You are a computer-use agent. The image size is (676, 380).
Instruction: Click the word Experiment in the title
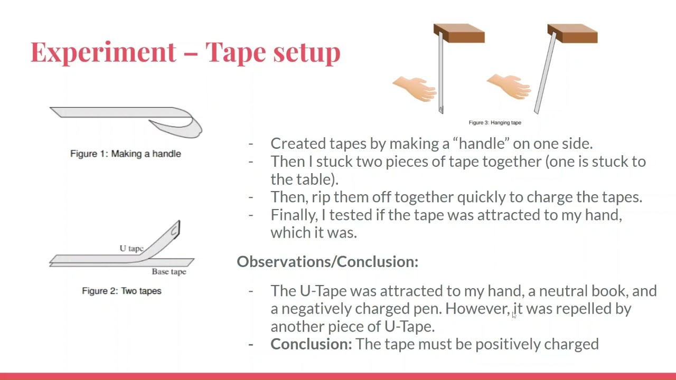(x=103, y=52)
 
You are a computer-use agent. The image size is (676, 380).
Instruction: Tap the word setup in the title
(x=307, y=52)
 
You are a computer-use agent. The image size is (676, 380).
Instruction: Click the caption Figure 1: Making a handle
(x=126, y=154)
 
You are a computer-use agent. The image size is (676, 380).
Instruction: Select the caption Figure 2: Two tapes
(x=121, y=291)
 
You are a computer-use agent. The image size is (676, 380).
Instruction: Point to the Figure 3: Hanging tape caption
(x=495, y=123)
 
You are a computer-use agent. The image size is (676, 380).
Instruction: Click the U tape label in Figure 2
(x=132, y=249)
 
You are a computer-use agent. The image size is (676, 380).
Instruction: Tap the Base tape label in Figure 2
(x=169, y=272)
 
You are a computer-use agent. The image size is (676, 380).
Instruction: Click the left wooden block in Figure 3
(x=459, y=33)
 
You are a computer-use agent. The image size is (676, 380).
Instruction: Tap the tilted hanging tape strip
(x=546, y=73)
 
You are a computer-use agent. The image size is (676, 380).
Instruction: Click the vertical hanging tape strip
(x=441, y=72)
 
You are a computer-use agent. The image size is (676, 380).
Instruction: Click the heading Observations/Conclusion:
(x=328, y=261)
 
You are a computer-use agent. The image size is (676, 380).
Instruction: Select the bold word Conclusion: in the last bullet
(x=311, y=344)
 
